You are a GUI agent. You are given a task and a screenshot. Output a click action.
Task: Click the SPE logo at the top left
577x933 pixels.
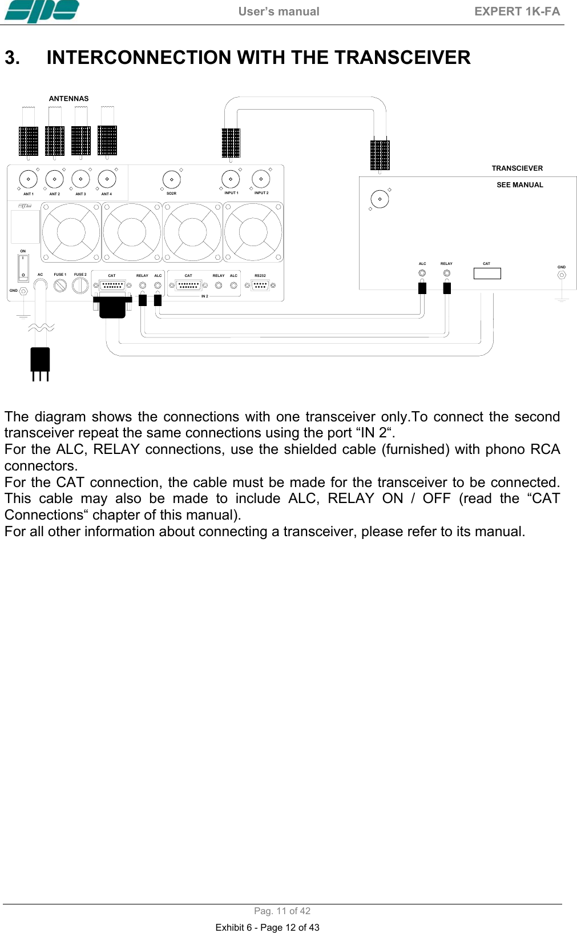(x=41, y=11)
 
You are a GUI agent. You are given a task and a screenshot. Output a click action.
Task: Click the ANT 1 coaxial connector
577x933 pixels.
(x=28, y=179)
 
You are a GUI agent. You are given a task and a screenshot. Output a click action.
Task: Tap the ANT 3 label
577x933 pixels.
(x=80, y=194)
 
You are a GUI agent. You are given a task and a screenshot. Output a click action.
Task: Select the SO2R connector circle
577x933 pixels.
(x=171, y=179)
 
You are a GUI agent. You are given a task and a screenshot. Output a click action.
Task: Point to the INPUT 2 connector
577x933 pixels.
(x=261, y=179)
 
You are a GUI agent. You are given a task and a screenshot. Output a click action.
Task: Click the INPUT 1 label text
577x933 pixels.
(x=231, y=193)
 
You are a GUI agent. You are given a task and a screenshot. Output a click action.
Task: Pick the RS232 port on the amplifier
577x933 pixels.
(x=260, y=285)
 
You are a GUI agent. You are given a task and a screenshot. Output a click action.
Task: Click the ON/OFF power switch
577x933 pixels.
(x=23, y=267)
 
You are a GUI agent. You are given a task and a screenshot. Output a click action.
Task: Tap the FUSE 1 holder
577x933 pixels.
(x=60, y=285)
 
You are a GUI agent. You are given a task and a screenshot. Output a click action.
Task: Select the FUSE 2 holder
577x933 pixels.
(x=80, y=285)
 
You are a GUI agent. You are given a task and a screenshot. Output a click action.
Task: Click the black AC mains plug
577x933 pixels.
(x=40, y=360)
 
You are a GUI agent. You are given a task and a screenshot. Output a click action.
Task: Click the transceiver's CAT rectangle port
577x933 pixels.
(x=487, y=274)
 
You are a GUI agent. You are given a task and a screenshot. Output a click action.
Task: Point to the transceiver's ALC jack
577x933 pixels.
(x=422, y=273)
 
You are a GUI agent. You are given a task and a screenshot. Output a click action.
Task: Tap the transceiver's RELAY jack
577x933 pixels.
(x=447, y=273)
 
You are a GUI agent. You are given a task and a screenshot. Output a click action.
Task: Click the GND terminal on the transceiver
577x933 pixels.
(x=562, y=275)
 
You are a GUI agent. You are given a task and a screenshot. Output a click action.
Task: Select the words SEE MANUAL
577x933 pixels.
(x=519, y=185)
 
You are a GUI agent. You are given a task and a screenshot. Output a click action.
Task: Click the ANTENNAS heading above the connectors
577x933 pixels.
(x=68, y=99)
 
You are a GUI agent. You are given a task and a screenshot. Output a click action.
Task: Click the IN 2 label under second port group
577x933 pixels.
(x=204, y=296)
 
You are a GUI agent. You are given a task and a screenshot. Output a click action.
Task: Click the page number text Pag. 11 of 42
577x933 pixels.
(x=282, y=911)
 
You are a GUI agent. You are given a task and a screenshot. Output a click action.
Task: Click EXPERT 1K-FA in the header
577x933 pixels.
(x=517, y=11)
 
